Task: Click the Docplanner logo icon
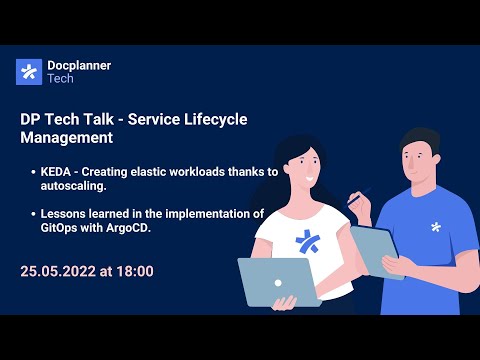[x=29, y=72]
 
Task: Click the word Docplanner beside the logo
[x=79, y=65]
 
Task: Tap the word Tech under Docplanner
[x=63, y=79]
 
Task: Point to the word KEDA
[x=58, y=172]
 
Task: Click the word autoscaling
[x=75, y=186]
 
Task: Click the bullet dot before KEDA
[x=33, y=173]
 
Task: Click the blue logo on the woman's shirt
[x=300, y=242]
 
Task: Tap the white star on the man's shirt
[x=435, y=228]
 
